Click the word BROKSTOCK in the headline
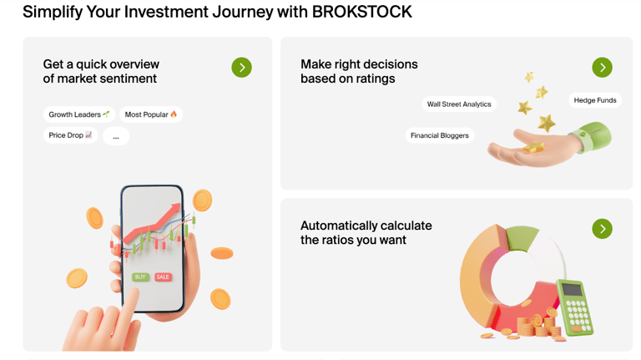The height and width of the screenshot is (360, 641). coord(361,12)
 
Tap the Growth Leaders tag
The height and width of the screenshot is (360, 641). coord(79,114)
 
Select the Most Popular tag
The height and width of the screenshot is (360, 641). coord(151,114)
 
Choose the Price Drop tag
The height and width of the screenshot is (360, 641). coord(70,135)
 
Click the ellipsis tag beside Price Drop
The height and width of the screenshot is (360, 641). coord(116,136)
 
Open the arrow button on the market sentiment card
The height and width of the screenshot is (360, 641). coord(241,67)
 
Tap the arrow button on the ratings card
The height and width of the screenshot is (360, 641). coord(602,67)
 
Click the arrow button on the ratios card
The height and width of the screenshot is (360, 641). coord(602,228)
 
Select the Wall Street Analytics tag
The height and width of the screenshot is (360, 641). coord(459,104)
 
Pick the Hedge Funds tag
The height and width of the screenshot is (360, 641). coord(595,100)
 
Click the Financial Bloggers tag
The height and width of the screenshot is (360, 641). coord(440,135)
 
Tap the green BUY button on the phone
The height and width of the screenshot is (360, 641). coord(140,277)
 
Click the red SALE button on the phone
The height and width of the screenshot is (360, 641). coord(163,277)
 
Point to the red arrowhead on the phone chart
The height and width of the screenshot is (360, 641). coord(176,208)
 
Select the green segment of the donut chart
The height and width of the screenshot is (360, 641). coord(522,238)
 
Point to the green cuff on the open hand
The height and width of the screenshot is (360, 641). coord(592,137)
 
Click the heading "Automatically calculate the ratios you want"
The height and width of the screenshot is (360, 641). coord(366,233)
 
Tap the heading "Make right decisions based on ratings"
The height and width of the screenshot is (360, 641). coord(359,71)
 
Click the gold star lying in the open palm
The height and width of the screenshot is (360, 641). coord(532,147)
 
